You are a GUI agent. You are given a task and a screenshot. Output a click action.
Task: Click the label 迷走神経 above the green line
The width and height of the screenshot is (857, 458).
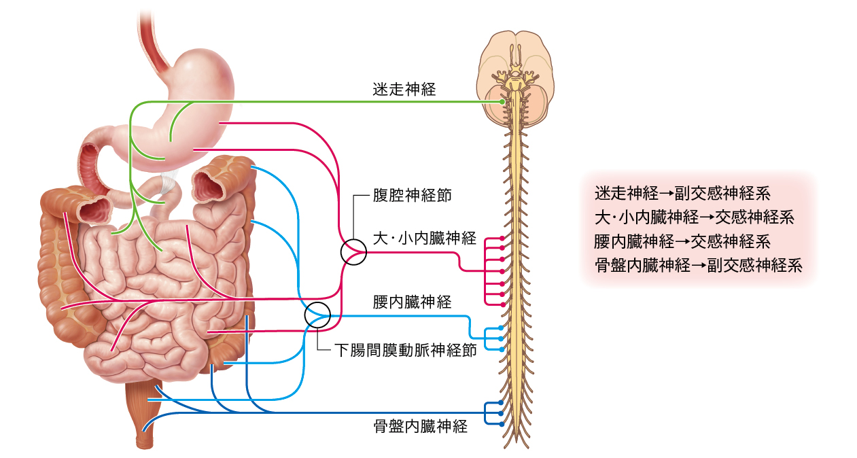coord(404,90)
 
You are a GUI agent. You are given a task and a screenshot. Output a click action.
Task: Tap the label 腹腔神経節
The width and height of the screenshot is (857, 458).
coord(413,196)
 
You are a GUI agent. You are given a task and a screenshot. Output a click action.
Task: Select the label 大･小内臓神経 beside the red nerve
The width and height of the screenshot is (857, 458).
coord(425,238)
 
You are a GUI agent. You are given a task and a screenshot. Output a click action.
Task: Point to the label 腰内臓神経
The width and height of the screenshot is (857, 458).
coord(413,302)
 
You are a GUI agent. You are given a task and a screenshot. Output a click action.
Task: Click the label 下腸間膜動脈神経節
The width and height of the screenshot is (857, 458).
coord(406,350)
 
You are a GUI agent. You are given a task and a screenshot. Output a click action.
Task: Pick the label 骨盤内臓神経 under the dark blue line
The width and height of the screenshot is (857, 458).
coord(421,426)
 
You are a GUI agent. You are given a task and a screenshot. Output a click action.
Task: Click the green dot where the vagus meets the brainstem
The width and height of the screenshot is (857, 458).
coord(502,102)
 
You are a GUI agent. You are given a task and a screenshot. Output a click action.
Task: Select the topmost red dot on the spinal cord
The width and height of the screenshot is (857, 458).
coord(502,239)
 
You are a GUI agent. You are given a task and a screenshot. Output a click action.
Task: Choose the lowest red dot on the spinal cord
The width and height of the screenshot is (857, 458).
coord(503,304)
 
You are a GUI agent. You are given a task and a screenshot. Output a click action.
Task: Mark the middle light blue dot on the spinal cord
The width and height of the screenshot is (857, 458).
coord(501,338)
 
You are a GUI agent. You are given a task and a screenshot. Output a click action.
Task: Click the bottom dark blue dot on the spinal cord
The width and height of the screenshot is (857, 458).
coord(502,424)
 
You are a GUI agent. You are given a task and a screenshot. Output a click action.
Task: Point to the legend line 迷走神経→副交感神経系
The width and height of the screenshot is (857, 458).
coord(682,194)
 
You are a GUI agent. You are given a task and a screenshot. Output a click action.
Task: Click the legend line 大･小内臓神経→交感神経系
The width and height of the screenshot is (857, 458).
coord(695,217)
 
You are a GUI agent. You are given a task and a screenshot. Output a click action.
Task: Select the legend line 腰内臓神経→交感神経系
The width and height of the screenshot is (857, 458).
coord(682,242)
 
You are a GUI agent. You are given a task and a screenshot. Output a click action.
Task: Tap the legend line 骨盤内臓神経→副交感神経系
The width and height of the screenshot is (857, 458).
coord(698,266)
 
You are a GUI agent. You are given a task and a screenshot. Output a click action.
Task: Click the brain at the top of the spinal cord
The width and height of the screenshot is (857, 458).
coord(515,78)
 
